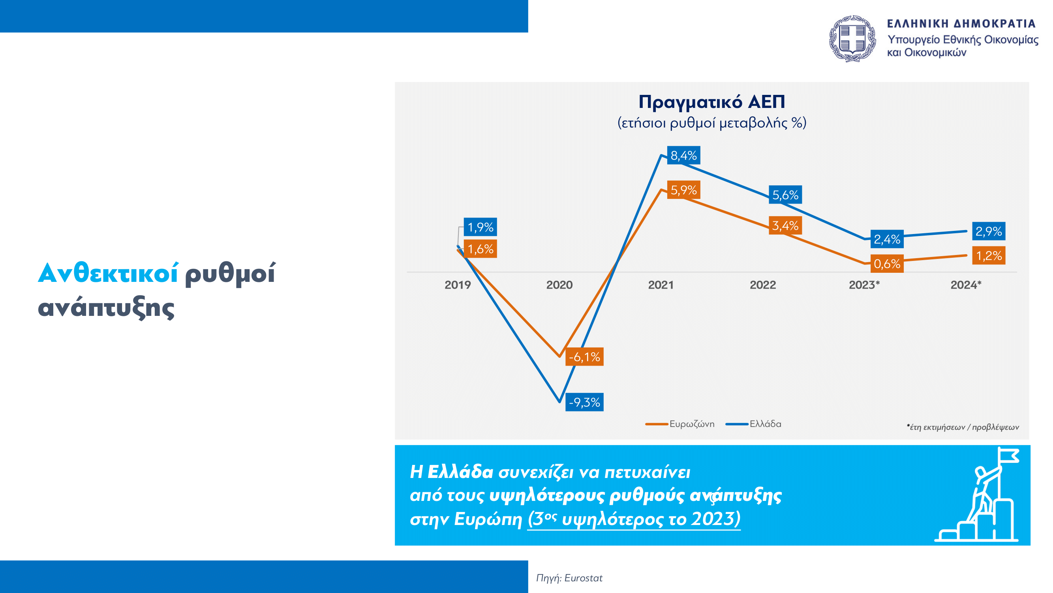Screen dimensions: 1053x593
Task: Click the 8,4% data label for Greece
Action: click(683, 155)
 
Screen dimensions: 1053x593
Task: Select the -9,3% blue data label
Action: click(584, 402)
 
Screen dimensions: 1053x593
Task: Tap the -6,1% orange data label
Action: click(584, 357)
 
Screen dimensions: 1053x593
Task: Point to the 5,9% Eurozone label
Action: click(683, 190)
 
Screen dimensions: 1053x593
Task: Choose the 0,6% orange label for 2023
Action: click(887, 264)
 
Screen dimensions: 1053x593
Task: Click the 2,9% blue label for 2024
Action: click(988, 231)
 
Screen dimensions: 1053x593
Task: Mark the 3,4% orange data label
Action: click(785, 225)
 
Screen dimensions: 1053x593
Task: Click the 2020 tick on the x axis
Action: click(559, 285)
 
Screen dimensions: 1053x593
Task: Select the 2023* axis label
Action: click(864, 285)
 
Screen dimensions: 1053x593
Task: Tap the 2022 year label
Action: click(763, 285)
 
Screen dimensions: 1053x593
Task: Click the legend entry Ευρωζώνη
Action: click(680, 424)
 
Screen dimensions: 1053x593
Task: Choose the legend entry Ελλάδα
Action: click(753, 424)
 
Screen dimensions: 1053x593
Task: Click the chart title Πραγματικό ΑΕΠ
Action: click(712, 102)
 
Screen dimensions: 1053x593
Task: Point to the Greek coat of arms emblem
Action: click(852, 39)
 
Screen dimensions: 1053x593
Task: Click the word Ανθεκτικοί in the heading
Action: click(108, 273)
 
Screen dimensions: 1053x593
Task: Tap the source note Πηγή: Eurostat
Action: click(569, 578)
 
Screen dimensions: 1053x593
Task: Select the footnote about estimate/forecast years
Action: click(963, 427)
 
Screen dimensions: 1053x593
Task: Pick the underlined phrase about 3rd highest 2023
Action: click(634, 519)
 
